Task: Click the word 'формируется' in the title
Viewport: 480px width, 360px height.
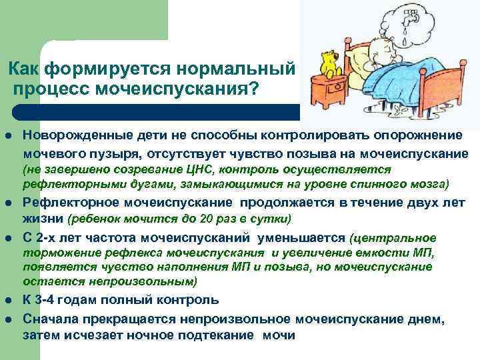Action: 102,69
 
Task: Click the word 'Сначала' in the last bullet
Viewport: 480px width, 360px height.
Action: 51,319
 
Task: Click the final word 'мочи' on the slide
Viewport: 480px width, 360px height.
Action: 279,335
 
